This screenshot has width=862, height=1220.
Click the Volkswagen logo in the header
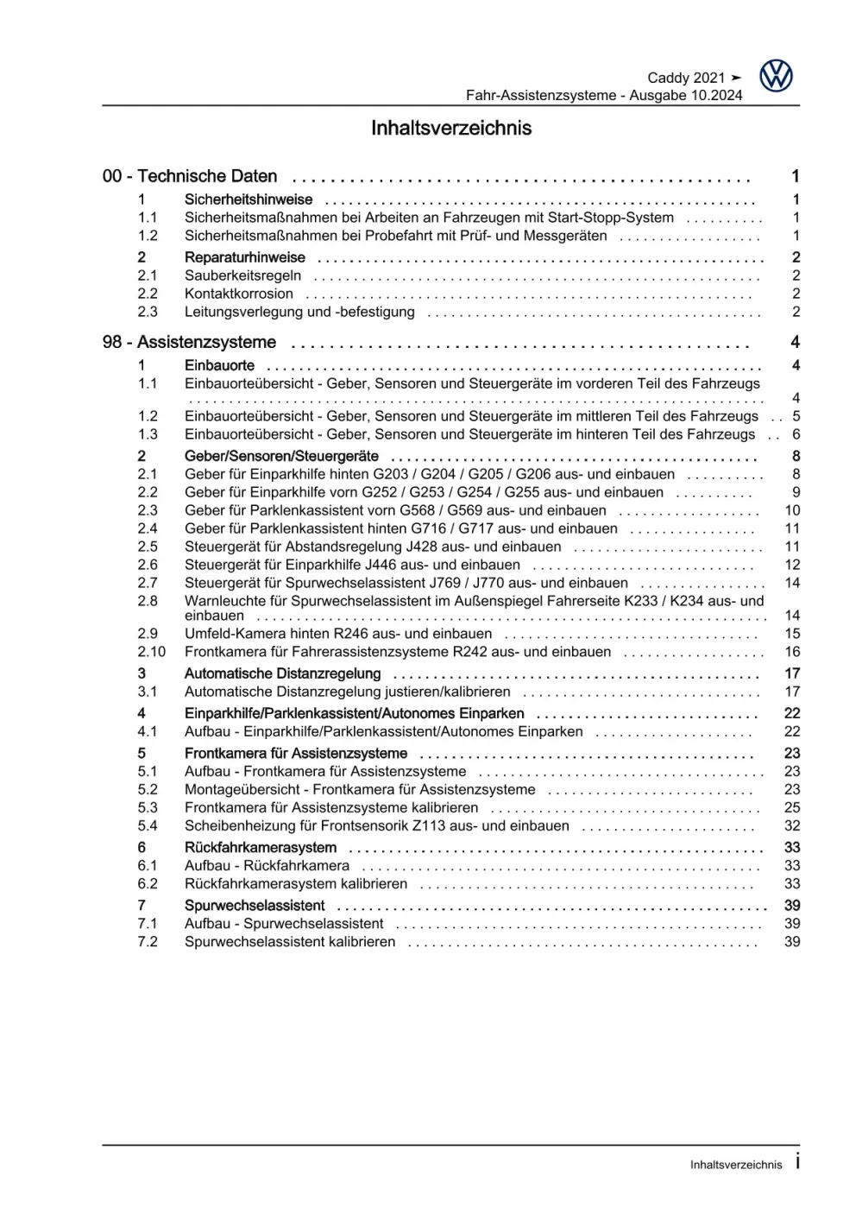[x=776, y=77]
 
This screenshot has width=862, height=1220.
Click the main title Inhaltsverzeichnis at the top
[x=450, y=129]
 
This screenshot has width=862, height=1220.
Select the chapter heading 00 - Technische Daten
[x=190, y=177]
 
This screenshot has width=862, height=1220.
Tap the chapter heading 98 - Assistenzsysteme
[x=189, y=343]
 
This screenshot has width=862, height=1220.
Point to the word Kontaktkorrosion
[x=239, y=294]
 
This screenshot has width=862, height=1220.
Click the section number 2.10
[x=151, y=653]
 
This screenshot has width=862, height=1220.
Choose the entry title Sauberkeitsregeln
[x=242, y=276]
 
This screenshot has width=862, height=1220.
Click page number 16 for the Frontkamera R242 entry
[x=792, y=653]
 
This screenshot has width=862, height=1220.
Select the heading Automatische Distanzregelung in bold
[x=282, y=674]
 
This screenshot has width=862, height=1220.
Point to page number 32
[x=792, y=826]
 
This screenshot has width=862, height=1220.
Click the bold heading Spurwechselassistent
[x=255, y=906]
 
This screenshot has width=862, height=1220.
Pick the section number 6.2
[x=148, y=884]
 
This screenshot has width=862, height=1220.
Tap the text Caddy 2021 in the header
[x=686, y=78]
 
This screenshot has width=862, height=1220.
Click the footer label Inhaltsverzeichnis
[x=735, y=1165]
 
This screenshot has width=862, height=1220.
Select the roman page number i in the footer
[x=797, y=1162]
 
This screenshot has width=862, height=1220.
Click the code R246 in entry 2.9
[x=351, y=634]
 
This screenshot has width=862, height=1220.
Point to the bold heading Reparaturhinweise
[x=244, y=258]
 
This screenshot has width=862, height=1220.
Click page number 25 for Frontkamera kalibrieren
[x=792, y=808]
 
